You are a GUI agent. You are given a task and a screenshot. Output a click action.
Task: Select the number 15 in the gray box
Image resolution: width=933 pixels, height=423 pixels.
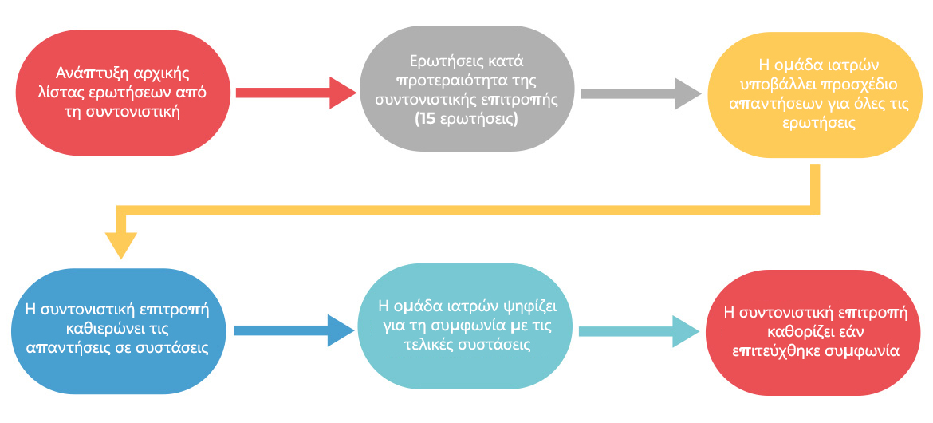coord(426,119)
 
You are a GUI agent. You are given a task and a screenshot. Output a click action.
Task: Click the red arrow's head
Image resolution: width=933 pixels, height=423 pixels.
coord(343,93)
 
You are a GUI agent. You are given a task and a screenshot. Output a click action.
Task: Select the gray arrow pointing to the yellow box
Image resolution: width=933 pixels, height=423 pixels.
coord(641,93)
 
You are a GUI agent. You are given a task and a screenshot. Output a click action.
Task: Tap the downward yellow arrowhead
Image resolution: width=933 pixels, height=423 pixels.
coord(120,245)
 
